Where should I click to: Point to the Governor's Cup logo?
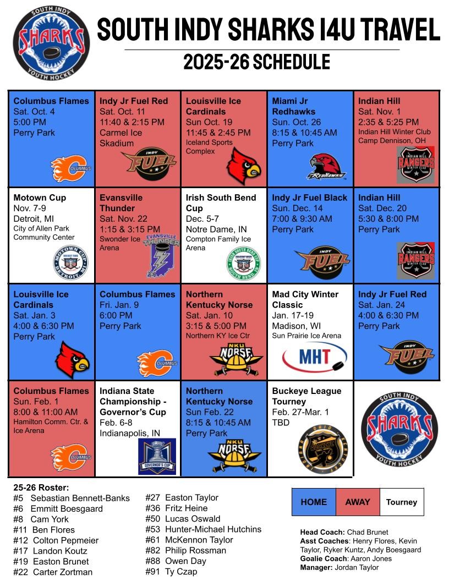[157, 456]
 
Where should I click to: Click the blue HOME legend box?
[314, 502]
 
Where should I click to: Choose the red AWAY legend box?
[358, 502]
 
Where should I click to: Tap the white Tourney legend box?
[402, 502]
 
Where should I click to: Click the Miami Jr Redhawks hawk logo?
[327, 167]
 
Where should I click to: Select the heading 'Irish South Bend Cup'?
[221, 203]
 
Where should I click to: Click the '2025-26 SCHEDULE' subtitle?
[256, 62]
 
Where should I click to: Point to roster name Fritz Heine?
[186, 508]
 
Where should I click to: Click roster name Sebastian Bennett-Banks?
[80, 498]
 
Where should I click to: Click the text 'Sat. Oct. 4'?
[34, 112]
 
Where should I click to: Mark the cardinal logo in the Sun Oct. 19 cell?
[244, 166]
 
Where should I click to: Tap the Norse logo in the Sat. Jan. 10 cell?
[236, 358]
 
